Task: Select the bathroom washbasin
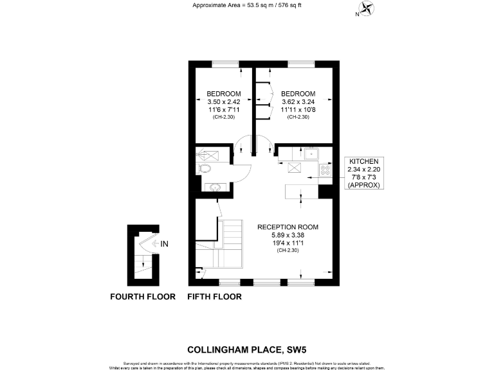[x=214, y=188]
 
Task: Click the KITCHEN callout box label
[x=364, y=161]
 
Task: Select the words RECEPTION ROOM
[x=288, y=227]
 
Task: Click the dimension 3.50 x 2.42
[x=223, y=101]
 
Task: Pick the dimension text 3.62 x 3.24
[x=298, y=101]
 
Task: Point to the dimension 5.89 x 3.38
[x=288, y=235]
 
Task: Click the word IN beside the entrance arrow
[x=164, y=244]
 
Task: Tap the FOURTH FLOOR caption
[x=143, y=297]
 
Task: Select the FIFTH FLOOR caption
[x=214, y=297]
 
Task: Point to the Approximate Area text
[x=246, y=6]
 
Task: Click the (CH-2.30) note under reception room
[x=288, y=251]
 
